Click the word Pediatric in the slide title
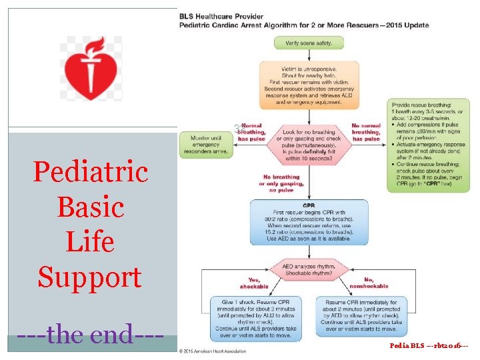[x=91, y=172]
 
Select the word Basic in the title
[x=91, y=207]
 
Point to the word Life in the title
[x=91, y=241]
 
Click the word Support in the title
[x=91, y=275]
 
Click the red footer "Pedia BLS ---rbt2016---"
[x=430, y=347]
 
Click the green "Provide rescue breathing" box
[x=427, y=145]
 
